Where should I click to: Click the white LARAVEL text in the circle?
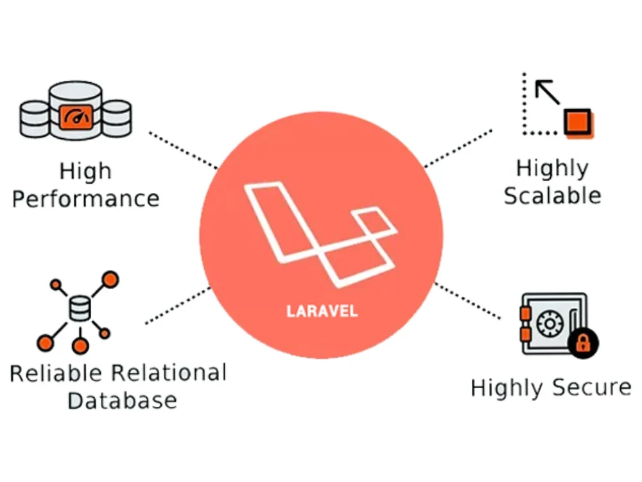(x=322, y=311)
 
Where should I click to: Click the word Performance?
(x=85, y=199)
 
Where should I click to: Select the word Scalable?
(x=552, y=195)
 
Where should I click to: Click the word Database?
(x=122, y=400)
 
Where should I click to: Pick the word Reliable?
(x=56, y=373)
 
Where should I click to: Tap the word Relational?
(x=169, y=373)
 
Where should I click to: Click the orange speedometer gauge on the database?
(x=76, y=117)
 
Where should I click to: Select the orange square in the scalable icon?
(x=578, y=123)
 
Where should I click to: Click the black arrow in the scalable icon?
(x=548, y=92)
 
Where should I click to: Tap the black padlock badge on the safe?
(x=583, y=343)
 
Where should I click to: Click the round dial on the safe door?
(x=550, y=324)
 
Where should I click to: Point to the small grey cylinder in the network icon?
(x=80, y=308)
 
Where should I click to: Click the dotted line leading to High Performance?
(x=184, y=150)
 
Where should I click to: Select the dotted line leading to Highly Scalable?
(x=458, y=149)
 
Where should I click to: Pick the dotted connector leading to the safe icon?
(x=467, y=300)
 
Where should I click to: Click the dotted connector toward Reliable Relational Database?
(x=178, y=306)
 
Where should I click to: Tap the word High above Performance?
(x=85, y=172)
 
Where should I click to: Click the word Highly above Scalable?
(x=552, y=169)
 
